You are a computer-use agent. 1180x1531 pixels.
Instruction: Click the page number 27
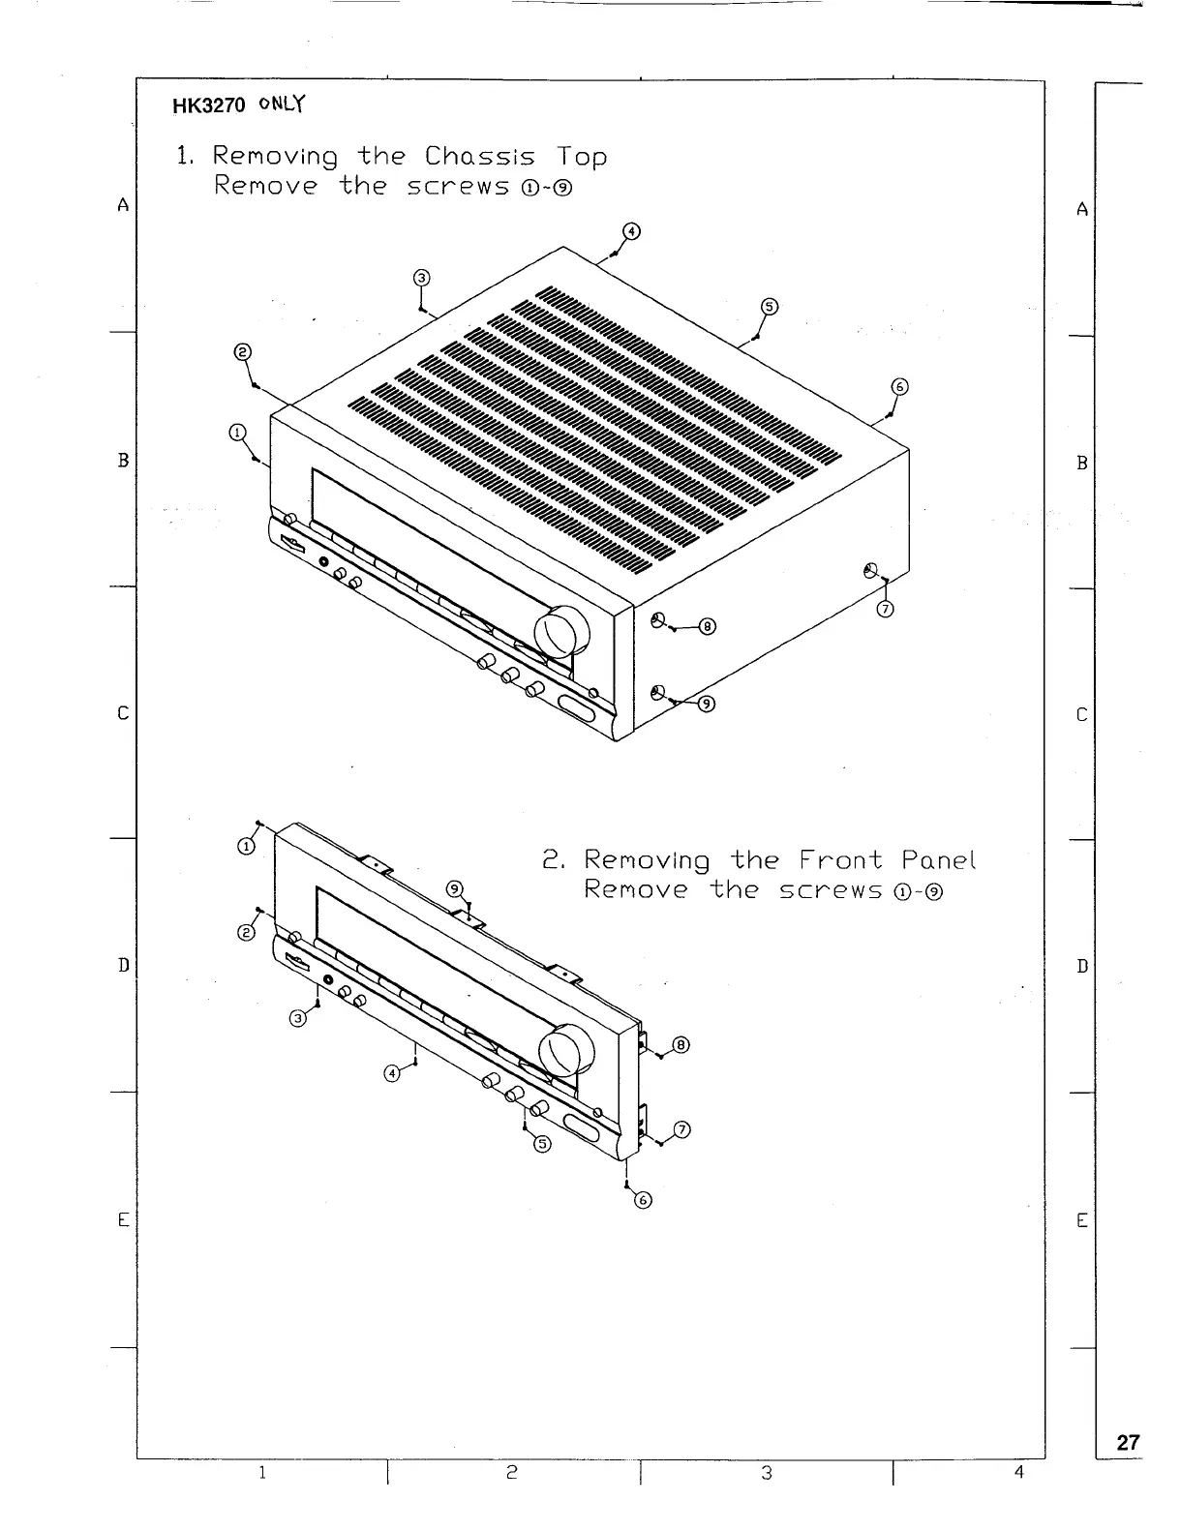(x=1128, y=1442)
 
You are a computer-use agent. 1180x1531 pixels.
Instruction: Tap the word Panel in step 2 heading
(x=938, y=859)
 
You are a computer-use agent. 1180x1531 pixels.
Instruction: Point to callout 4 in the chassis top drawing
(x=630, y=231)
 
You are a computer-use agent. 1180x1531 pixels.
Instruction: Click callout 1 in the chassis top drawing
(x=237, y=433)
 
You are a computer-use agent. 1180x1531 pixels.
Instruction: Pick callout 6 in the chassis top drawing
(x=898, y=388)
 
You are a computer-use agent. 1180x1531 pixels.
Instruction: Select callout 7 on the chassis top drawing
(x=885, y=609)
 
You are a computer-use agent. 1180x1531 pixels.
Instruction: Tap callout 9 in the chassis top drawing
(x=707, y=704)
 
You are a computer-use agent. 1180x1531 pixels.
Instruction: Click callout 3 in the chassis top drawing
(x=420, y=279)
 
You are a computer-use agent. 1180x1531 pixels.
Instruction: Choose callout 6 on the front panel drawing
(x=642, y=1201)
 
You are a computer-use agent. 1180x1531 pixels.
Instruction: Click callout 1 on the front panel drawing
(x=247, y=846)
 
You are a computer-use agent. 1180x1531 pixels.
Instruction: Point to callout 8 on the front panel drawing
(x=681, y=1045)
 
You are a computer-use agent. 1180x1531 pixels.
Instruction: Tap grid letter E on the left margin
(x=123, y=1220)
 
